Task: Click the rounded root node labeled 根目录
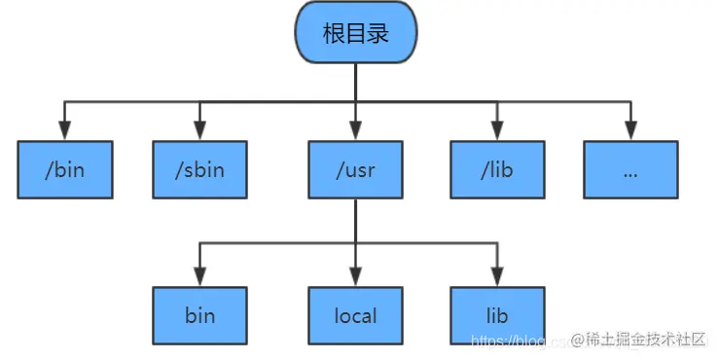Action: click(356, 34)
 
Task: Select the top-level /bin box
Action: click(64, 169)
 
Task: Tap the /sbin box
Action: click(199, 169)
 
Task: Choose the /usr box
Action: click(355, 169)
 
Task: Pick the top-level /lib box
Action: click(496, 169)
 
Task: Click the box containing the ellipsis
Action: click(629, 169)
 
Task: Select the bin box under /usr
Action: click(199, 315)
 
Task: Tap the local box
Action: click(355, 315)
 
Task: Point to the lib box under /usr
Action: click(496, 315)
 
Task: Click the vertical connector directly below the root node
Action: click(355, 83)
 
